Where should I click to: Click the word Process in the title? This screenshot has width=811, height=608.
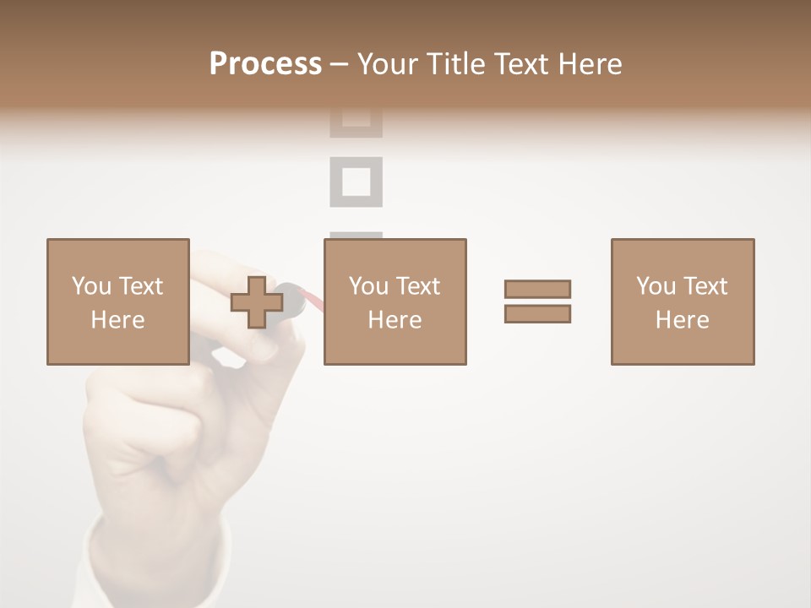(265, 63)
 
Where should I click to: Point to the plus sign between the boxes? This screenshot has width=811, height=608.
(257, 302)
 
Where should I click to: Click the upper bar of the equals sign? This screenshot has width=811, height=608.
(537, 289)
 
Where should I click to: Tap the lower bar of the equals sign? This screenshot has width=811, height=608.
(537, 313)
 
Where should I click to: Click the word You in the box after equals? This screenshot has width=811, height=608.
(655, 286)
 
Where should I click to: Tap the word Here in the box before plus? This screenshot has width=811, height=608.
(117, 320)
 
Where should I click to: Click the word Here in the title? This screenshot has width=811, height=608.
(591, 64)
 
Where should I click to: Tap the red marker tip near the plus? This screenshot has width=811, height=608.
(312, 297)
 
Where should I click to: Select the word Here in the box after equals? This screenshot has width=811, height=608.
(682, 320)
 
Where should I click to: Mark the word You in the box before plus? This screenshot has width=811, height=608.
(91, 286)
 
